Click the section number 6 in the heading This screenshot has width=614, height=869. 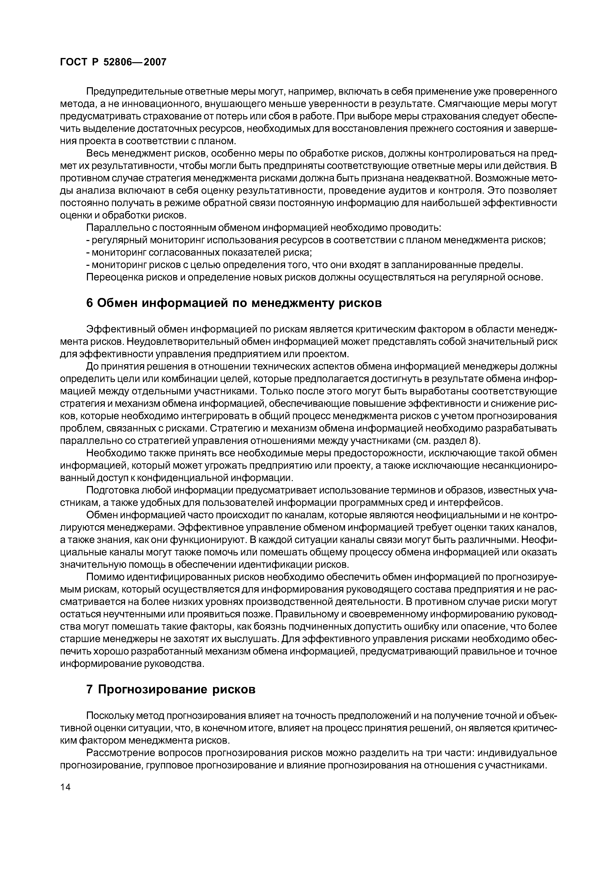[x=89, y=303]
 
